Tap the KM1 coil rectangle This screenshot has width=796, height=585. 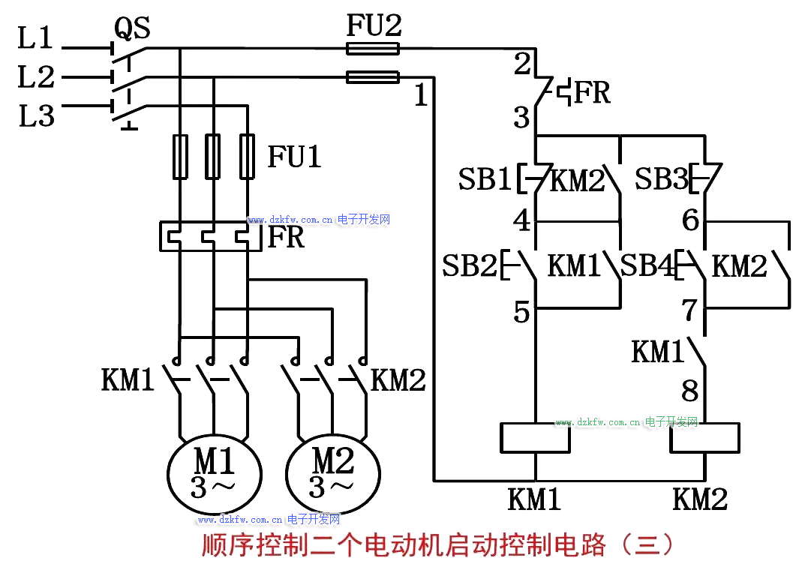point(535,438)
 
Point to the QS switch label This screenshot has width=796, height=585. point(132,28)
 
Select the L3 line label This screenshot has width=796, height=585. point(37,116)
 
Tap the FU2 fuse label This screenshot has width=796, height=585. point(374,26)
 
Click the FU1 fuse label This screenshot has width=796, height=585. point(294,157)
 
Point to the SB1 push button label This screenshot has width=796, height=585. point(485,180)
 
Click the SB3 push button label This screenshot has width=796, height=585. point(661,180)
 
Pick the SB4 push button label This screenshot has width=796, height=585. point(648,265)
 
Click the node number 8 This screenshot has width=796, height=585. point(689,391)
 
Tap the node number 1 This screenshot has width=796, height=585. point(422,95)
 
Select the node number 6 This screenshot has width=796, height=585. point(690,220)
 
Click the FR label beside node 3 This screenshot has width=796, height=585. point(593,93)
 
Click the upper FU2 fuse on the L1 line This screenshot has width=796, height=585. point(372,49)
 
